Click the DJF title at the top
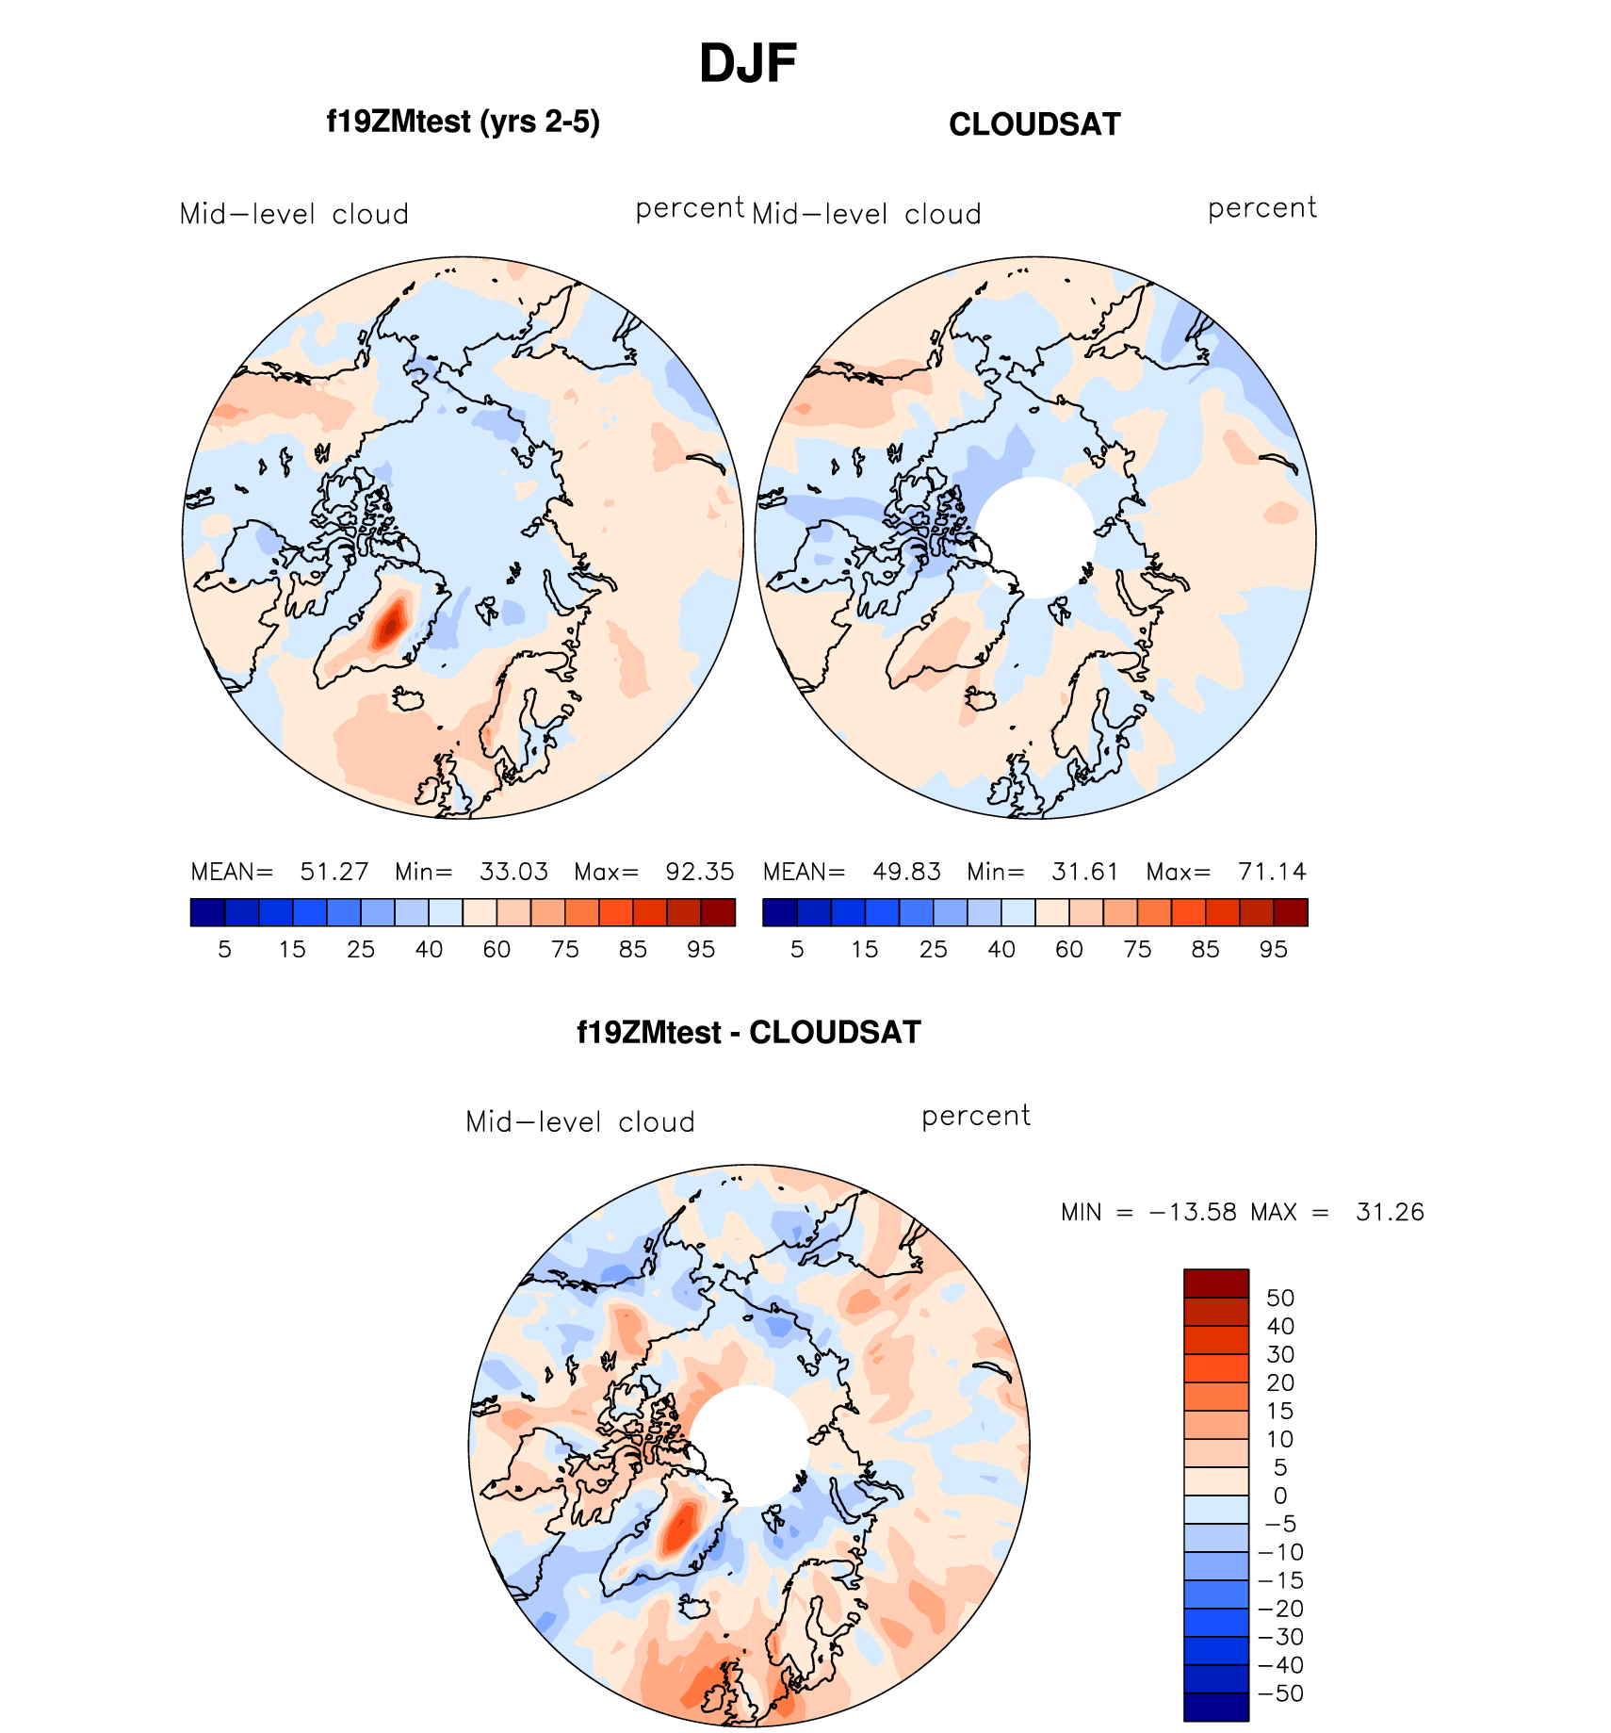(748, 64)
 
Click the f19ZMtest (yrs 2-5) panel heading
(463, 122)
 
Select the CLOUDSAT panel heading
(1034, 124)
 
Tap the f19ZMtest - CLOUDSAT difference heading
(748, 1032)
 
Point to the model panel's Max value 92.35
(699, 872)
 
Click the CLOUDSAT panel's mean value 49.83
(906, 872)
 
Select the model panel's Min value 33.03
(513, 872)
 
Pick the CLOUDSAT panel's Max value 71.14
(1272, 872)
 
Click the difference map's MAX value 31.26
(1390, 1212)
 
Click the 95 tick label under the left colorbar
(701, 950)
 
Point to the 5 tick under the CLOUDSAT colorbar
(797, 950)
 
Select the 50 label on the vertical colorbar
(1280, 1298)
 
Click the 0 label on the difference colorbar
(1280, 1496)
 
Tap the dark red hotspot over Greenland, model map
(390, 623)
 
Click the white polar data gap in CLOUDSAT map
(1034, 537)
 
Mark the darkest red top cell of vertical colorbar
(1216, 1283)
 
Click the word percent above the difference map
(976, 1117)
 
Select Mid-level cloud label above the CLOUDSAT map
(867, 215)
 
